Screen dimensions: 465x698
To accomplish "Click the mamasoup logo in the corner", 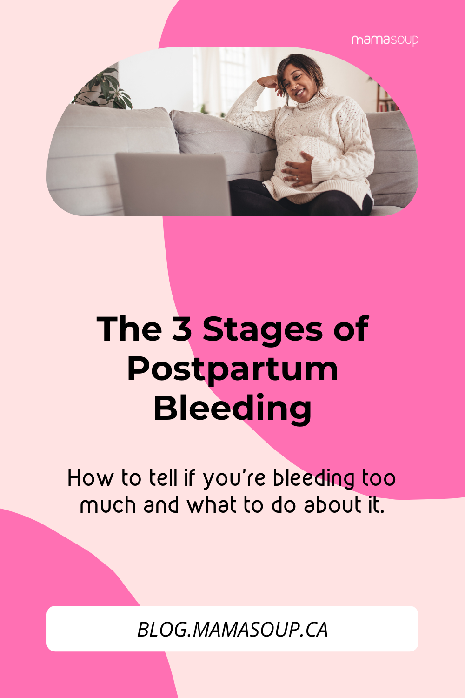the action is point(385,40).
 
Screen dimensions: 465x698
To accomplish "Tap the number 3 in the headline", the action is point(182,329).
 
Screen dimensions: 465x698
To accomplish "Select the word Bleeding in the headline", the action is point(232,409).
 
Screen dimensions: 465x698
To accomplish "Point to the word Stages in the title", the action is point(263,331).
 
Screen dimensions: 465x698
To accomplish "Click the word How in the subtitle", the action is point(91,478).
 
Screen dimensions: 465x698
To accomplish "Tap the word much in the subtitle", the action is point(108,505).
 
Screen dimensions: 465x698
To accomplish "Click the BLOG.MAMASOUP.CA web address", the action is point(232,630).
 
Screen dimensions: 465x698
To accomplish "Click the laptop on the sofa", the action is point(173,184).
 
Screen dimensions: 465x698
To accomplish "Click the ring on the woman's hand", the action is point(297,178).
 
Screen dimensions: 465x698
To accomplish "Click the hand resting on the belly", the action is point(297,170).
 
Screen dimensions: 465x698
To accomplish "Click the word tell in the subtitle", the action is point(163,478).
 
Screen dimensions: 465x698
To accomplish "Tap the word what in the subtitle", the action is point(212,505).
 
